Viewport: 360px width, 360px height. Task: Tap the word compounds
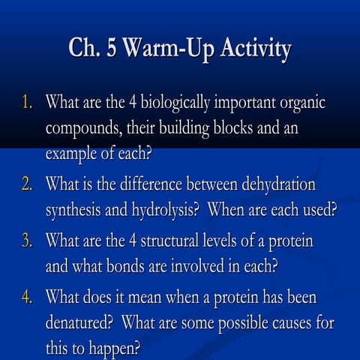coord(82,129)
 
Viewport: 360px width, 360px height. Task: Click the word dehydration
coord(274,184)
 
